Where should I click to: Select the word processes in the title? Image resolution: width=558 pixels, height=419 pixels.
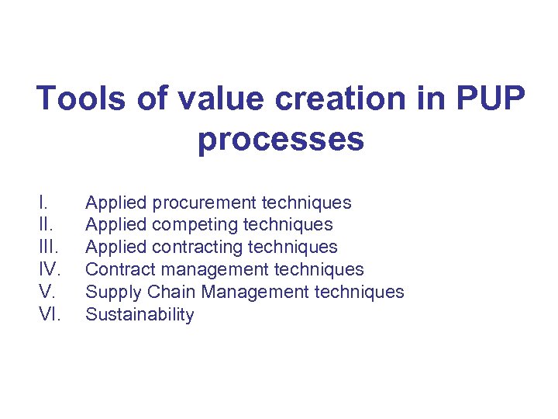point(281,140)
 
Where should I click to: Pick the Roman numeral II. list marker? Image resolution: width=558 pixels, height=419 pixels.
point(44,225)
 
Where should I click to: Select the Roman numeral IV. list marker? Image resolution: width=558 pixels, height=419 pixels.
point(49,270)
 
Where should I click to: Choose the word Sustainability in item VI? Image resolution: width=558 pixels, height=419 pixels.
point(139,314)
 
